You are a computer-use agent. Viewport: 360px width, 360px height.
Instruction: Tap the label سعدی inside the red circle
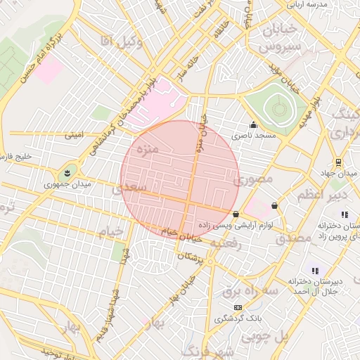tap(134, 187)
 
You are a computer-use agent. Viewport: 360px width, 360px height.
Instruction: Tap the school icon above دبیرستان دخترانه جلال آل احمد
tap(315, 271)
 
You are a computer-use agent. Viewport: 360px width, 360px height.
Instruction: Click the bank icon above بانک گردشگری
tap(238, 307)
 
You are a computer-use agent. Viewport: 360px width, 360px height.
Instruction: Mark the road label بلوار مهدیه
tap(313, 112)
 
